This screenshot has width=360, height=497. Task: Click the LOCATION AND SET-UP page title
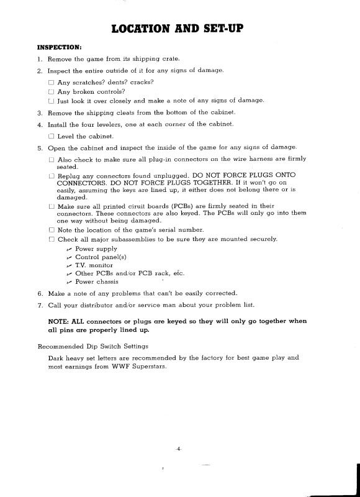click(180, 28)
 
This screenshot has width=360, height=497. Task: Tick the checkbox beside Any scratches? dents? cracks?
click(51, 82)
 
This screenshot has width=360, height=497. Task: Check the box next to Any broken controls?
click(51, 91)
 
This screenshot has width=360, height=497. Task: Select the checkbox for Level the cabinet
click(51, 136)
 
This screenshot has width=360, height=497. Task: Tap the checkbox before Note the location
click(51, 230)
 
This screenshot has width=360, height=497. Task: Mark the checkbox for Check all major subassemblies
click(51, 239)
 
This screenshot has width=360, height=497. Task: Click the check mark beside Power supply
click(69, 248)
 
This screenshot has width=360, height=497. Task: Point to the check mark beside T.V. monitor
click(69, 265)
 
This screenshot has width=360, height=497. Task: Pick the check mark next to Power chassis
click(69, 281)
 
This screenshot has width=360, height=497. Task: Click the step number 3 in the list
click(39, 113)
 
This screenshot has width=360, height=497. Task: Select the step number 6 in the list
click(39, 293)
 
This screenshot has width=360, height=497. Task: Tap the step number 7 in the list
click(39, 304)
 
